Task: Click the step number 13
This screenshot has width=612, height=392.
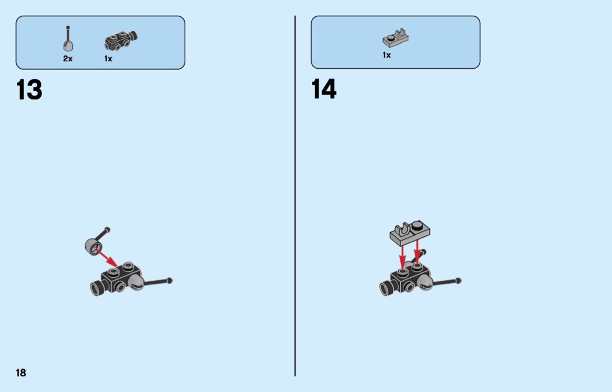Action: point(29,90)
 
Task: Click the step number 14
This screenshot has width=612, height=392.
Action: point(324,89)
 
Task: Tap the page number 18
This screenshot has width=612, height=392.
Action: point(21,373)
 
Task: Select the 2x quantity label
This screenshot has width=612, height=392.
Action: point(68,58)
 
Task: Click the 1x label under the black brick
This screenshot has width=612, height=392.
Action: point(108,58)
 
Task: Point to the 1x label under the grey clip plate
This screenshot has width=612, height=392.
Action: point(387,55)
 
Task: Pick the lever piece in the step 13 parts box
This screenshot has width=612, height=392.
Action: point(68,38)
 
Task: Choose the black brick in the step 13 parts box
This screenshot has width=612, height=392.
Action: point(121,41)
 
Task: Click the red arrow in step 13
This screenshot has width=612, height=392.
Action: point(106,258)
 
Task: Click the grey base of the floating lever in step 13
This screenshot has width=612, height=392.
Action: point(94,246)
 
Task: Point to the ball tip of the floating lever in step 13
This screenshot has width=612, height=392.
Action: point(107,229)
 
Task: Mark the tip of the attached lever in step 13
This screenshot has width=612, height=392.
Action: point(170,280)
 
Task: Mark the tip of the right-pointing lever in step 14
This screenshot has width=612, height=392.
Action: point(459,280)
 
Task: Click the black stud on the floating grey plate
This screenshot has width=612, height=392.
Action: point(418,225)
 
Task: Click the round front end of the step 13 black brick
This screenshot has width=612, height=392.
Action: point(95,289)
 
